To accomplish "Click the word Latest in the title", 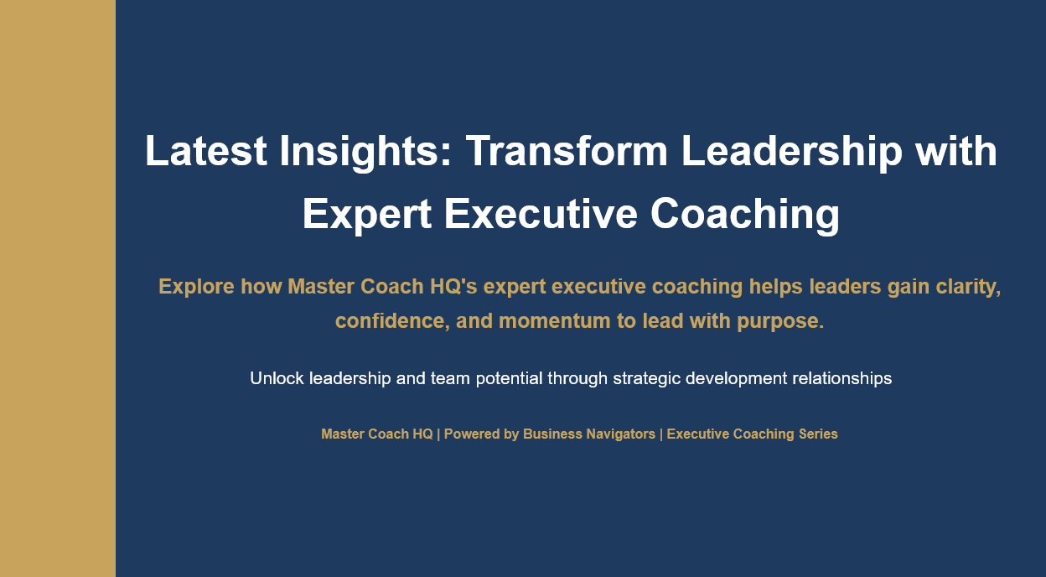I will click(x=206, y=152).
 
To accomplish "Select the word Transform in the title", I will click(x=567, y=152).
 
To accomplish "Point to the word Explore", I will click(x=196, y=287).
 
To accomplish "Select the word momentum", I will click(x=553, y=321).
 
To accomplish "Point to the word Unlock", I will click(x=277, y=378).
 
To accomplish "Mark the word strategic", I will click(x=646, y=378).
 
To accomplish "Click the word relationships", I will click(x=841, y=378).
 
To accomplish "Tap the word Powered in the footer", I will click(x=472, y=434).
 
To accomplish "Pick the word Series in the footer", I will click(x=817, y=434).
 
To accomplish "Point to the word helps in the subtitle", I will click(x=775, y=287).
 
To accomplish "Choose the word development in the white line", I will click(x=736, y=378).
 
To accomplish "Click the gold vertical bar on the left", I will click(x=57, y=288).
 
